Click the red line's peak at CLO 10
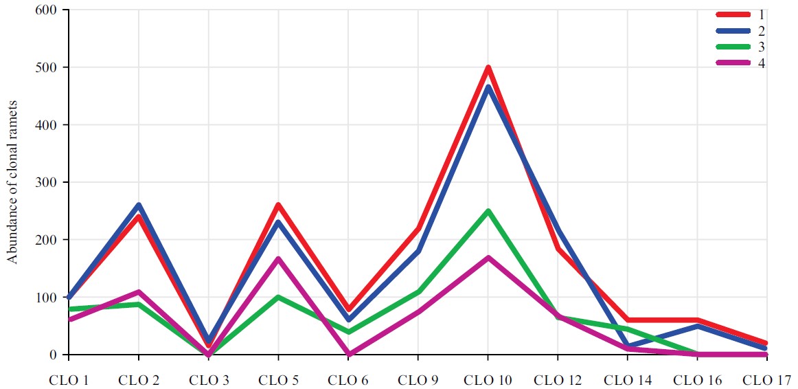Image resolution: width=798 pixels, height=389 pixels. (x=488, y=68)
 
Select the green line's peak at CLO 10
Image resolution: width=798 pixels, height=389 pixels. (x=488, y=211)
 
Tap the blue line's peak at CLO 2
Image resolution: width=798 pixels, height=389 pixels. (x=139, y=205)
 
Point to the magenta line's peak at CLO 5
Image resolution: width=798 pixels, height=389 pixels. (x=278, y=258)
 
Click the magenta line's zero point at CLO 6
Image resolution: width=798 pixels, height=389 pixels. (x=348, y=354)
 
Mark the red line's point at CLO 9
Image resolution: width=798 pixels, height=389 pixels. (x=418, y=228)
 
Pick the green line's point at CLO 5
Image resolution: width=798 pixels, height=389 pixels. (x=278, y=297)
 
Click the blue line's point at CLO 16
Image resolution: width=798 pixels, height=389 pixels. (x=697, y=326)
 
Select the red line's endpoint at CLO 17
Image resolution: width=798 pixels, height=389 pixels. (x=766, y=342)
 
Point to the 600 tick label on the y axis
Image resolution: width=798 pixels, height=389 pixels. (x=48, y=11)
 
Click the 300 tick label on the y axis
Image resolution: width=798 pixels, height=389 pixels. (x=48, y=183)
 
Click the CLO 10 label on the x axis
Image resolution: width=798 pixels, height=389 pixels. (x=488, y=379)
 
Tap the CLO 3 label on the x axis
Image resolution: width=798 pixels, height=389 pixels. (x=208, y=379)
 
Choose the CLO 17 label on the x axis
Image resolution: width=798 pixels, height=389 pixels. (x=767, y=379)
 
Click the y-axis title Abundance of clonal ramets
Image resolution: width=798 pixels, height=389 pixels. (x=12, y=182)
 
